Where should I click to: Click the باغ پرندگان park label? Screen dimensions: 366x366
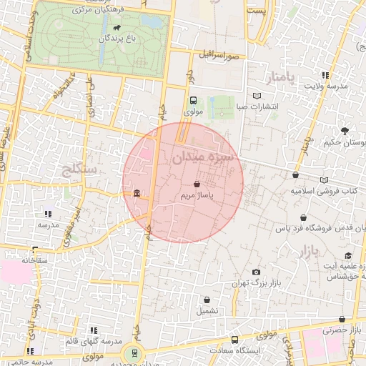117,37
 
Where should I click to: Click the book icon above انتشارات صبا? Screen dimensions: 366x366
257,95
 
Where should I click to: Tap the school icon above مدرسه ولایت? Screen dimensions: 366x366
326,75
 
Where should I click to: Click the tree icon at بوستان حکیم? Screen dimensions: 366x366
345,131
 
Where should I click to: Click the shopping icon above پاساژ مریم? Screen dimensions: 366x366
197,184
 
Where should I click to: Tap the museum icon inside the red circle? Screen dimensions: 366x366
137,193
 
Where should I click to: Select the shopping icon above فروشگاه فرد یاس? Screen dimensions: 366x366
305,218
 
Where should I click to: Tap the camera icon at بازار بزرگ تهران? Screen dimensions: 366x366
257,272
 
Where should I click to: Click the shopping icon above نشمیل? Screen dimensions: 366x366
207,300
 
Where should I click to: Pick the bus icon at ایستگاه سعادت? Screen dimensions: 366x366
234,340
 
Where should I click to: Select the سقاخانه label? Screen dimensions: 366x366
34,260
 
